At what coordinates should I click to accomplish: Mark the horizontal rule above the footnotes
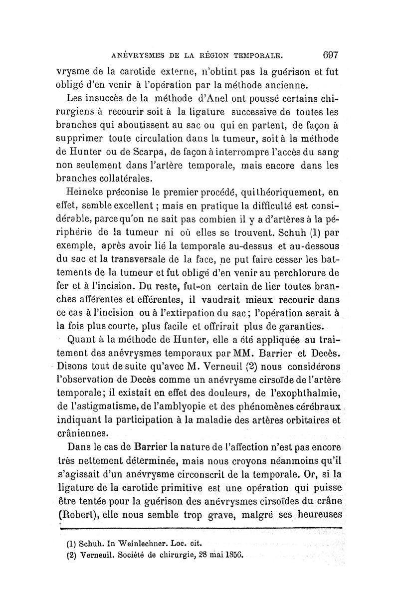(199, 527)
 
